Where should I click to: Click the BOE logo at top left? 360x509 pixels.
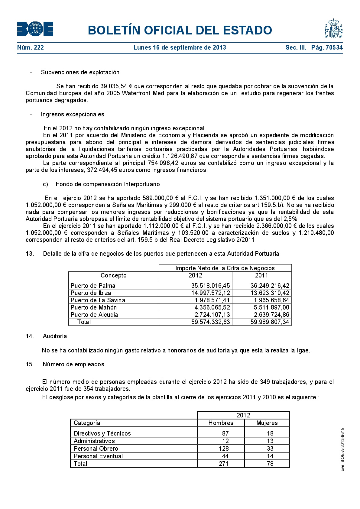tap(35, 29)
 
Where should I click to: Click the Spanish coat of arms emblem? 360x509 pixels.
tap(333, 28)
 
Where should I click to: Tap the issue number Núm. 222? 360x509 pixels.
tap(31, 47)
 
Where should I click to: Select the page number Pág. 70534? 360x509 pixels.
tap(327, 47)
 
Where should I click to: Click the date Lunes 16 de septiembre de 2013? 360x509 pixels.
tap(180, 47)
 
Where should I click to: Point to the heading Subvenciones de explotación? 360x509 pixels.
tap(80, 72)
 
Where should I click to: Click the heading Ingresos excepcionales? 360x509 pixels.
tap(73, 114)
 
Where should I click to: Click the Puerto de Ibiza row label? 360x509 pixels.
tap(91, 293)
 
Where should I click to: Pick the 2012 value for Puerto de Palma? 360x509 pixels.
tap(210, 286)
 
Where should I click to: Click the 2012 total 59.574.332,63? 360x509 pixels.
tap(210, 322)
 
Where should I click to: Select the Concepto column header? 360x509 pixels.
tap(113, 275)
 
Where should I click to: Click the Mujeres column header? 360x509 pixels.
tap(267, 423)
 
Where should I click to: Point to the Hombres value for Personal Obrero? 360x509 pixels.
tap(224, 449)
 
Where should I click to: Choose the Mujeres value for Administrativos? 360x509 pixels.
tap(270, 441)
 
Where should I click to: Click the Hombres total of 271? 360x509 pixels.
tap(224, 464)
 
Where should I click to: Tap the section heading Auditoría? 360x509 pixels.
tap(55, 336)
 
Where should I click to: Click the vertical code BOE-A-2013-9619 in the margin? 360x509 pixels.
tap(342, 449)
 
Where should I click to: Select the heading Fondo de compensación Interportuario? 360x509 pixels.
tap(108, 184)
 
